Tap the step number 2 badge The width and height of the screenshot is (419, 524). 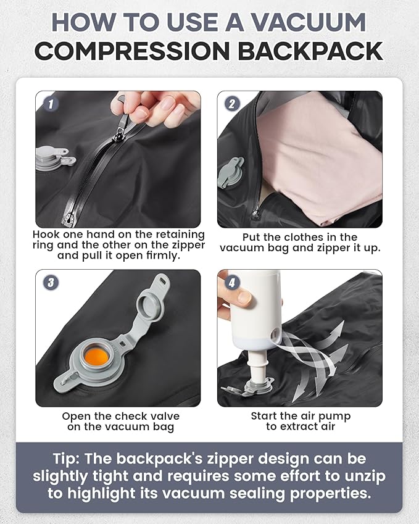coord(231,103)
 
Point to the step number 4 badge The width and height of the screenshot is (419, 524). coord(231,283)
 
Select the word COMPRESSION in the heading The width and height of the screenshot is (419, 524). coord(132,51)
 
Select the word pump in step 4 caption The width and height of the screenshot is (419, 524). coord(333,416)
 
